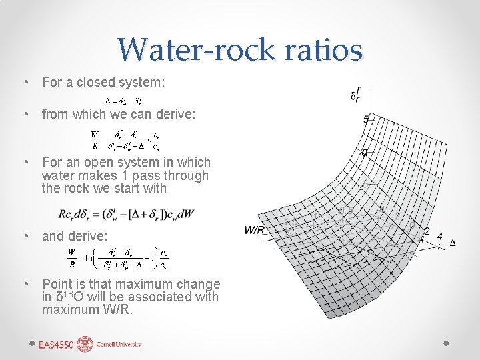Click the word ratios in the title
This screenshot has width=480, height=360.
326,49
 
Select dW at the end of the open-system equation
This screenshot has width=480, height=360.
187,214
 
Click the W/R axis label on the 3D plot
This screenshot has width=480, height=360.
255,231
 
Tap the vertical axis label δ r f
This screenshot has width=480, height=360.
357,93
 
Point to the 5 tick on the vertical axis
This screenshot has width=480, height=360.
366,120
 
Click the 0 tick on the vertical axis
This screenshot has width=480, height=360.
364,153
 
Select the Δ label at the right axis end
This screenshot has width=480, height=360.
453,243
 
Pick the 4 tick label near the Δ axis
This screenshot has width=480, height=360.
439,236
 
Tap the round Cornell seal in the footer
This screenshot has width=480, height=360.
85,344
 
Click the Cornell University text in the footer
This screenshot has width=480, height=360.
119,345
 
